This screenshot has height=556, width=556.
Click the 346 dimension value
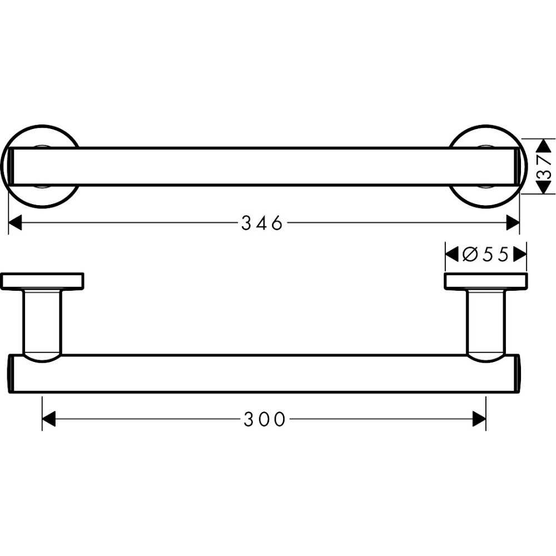pyautogui.click(x=262, y=223)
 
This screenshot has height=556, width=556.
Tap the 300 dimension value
pyautogui.click(x=265, y=419)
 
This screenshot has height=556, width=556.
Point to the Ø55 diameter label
pyautogui.click(x=486, y=255)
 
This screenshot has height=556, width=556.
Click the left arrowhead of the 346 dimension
pyautogui.click(x=15, y=223)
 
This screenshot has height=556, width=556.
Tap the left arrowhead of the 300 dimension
pyautogui.click(x=49, y=419)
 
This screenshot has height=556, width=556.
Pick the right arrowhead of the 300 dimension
pyautogui.click(x=479, y=419)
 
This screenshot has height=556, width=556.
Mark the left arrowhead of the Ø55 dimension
pyautogui.click(x=451, y=255)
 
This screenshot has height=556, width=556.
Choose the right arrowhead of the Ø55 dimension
pyautogui.click(x=520, y=255)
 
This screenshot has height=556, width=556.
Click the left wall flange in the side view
pyautogui.click(x=42, y=281)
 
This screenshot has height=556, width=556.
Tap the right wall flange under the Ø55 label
pyautogui.click(x=485, y=281)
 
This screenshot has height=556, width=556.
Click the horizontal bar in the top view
pyautogui.click(x=265, y=167)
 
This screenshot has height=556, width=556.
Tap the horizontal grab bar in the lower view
pyautogui.click(x=265, y=374)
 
